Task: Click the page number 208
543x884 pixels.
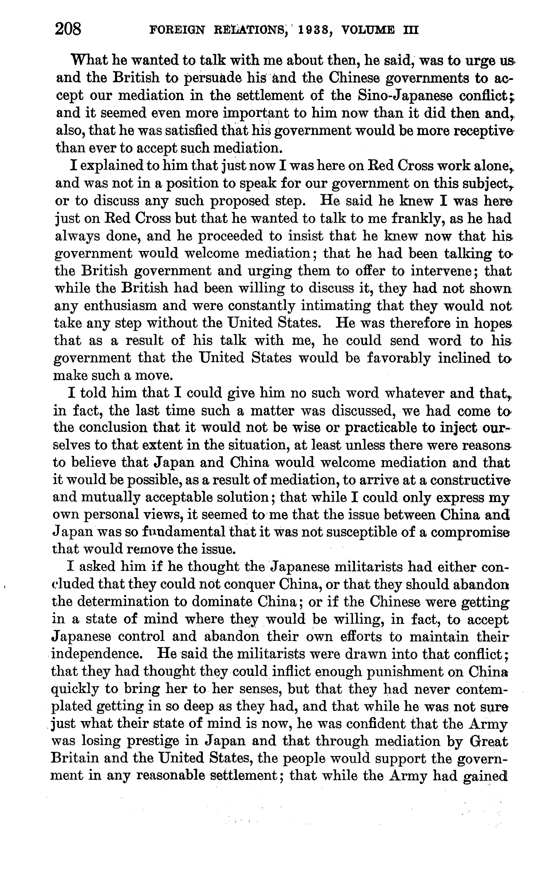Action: pyautogui.click(x=68, y=29)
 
